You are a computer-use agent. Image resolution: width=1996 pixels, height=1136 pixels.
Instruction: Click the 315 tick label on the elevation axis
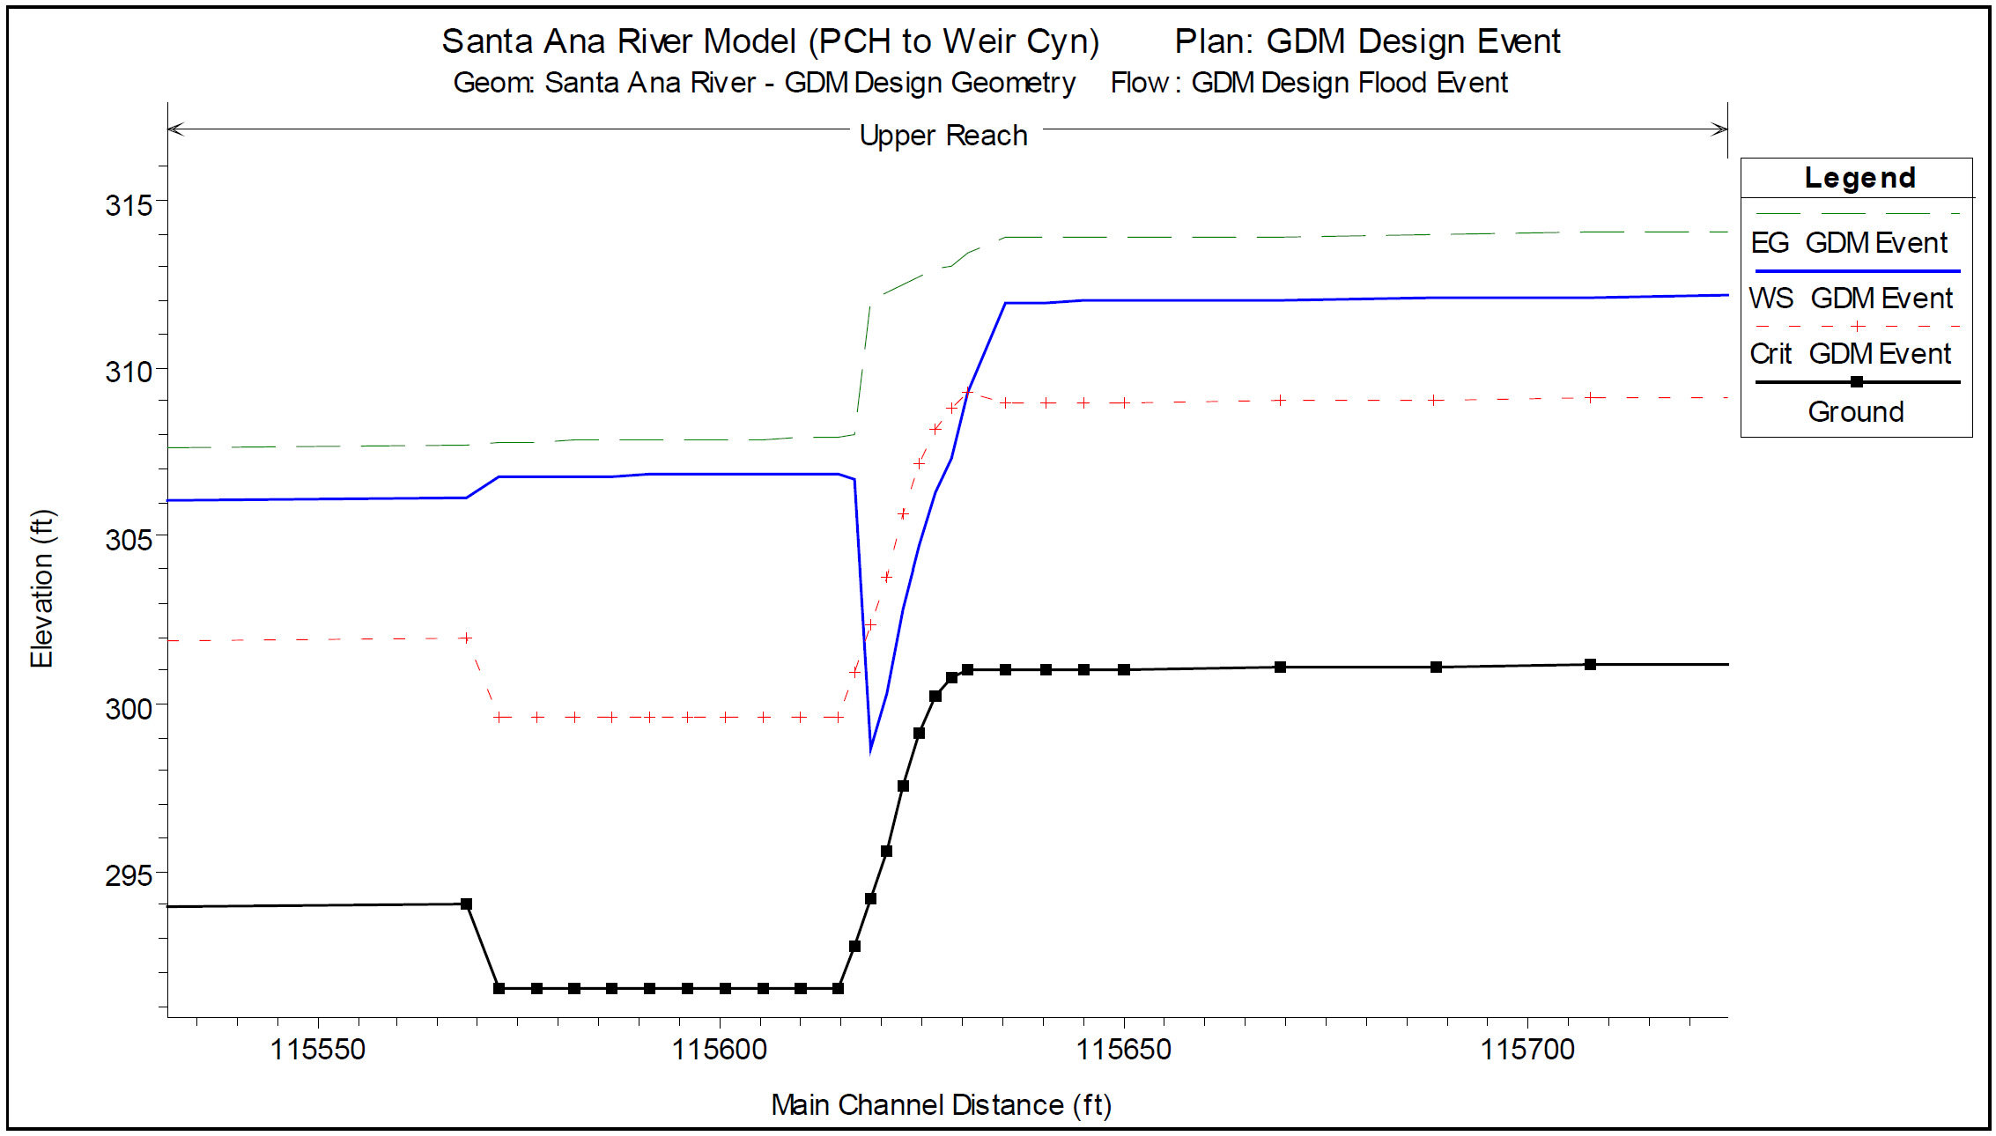pyautogui.click(x=129, y=205)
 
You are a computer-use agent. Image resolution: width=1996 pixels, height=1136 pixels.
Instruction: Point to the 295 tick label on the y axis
pyautogui.click(x=129, y=875)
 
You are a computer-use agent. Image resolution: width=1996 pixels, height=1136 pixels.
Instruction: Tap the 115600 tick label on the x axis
pyautogui.click(x=720, y=1049)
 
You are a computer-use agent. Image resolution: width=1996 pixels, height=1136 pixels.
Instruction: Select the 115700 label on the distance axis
pyautogui.click(x=1527, y=1049)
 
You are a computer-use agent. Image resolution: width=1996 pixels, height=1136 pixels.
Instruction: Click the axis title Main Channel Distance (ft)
pyautogui.click(x=941, y=1104)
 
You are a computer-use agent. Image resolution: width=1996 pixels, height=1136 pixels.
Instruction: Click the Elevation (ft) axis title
pyautogui.click(x=41, y=588)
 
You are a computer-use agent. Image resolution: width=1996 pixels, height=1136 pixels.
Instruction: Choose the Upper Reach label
pyautogui.click(x=943, y=136)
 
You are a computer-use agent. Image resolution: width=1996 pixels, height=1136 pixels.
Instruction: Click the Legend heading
pyautogui.click(x=1859, y=178)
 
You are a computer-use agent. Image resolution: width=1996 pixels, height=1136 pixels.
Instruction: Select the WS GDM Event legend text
pyautogui.click(x=1850, y=298)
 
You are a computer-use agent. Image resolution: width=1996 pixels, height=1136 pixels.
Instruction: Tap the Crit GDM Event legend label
pyautogui.click(x=1850, y=353)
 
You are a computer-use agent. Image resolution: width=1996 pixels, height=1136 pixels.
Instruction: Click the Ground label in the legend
pyautogui.click(x=1856, y=411)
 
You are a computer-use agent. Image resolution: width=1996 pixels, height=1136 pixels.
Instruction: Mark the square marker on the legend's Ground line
pyautogui.click(x=1856, y=382)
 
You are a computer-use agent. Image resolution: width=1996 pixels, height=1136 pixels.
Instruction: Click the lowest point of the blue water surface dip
pyautogui.click(x=870, y=749)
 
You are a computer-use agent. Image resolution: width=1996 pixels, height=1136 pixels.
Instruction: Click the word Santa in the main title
pyautogui.click(x=487, y=41)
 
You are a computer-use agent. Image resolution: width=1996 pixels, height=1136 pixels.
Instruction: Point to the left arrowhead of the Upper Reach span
pyautogui.click(x=174, y=129)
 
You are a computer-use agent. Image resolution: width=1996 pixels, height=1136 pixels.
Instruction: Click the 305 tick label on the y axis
pyautogui.click(x=129, y=540)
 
